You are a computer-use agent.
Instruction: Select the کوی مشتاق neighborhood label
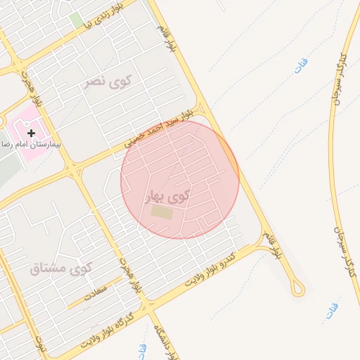point(63,268)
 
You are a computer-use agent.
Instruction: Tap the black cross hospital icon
point(31,132)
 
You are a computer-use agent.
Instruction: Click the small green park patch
point(75,20)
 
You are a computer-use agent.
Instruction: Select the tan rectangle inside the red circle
point(162,212)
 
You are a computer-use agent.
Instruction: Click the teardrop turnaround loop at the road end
point(299,287)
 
